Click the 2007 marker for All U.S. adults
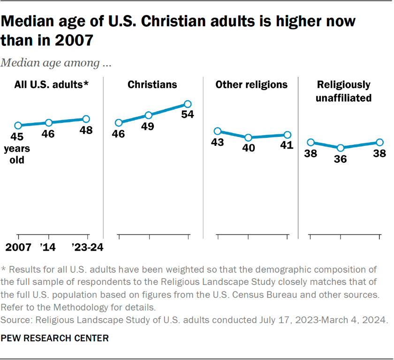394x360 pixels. (x=18, y=125)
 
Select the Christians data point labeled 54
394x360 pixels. (x=187, y=104)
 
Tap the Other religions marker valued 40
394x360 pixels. (x=248, y=137)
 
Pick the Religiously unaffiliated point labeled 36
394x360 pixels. (x=341, y=148)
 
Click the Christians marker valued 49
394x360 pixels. (x=148, y=115)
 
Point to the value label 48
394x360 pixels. (x=86, y=131)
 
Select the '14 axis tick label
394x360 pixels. (x=48, y=247)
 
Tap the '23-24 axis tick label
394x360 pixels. (x=86, y=247)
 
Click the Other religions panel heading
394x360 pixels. (x=251, y=84)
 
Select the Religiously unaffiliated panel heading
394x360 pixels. (x=343, y=91)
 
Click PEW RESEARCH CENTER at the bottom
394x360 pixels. (x=54, y=337)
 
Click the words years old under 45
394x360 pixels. (x=17, y=154)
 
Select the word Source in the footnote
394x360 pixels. (x=14, y=321)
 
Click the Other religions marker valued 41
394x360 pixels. (x=287, y=135)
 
